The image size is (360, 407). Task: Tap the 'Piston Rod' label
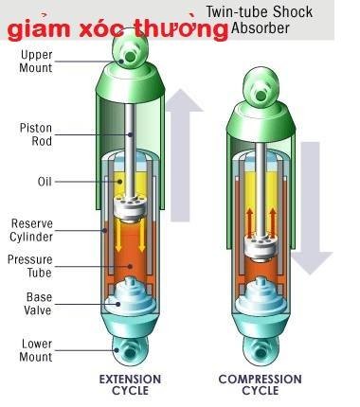(x=37, y=133)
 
